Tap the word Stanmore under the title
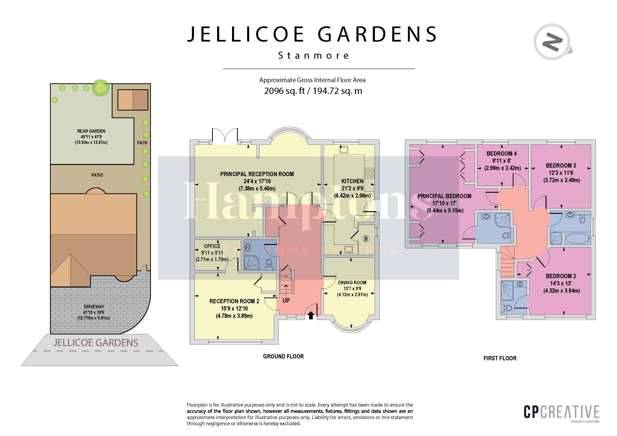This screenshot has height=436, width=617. tap(313, 56)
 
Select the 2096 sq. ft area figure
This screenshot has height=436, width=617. tap(284, 91)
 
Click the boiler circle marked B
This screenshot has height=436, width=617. tap(366, 238)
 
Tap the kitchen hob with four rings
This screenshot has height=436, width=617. tap(369, 173)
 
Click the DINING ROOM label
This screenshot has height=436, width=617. tap(352, 283)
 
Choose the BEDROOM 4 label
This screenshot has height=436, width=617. tap(501, 154)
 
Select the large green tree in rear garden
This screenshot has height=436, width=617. tap(101, 87)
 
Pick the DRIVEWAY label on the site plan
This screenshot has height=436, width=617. tap(94, 306)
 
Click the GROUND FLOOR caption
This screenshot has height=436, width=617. tap(283, 356)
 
